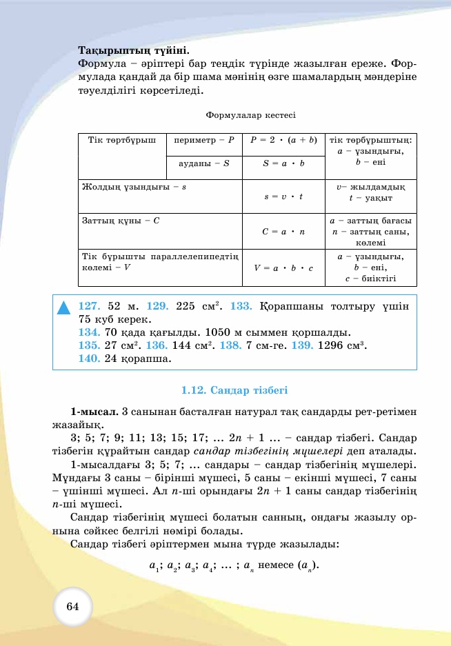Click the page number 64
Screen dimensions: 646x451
tap(73, 607)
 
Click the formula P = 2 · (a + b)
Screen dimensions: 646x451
tap(283, 140)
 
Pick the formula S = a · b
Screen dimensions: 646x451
tap(283, 163)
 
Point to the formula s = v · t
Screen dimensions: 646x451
tap(283, 196)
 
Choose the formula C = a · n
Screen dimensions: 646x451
tap(283, 232)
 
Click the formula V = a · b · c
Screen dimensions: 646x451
tap(283, 268)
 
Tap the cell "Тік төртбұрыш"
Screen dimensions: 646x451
tap(122, 140)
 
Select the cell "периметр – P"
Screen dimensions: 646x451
tap(205, 140)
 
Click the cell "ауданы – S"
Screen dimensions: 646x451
tap(204, 163)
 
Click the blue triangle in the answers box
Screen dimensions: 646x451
tap(64, 308)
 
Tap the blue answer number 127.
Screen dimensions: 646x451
tap(90, 306)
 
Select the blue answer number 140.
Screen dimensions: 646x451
tap(90, 359)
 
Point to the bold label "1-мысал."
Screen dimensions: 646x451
tap(94, 412)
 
